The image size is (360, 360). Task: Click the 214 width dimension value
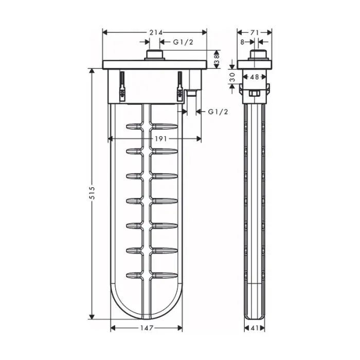pyautogui.click(x=156, y=32)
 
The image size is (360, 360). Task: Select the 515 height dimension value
pyautogui.click(x=92, y=193)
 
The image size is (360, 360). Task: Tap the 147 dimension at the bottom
pyautogui.click(x=147, y=328)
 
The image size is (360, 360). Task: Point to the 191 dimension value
pyautogui.click(x=160, y=139)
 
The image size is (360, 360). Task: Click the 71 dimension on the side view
pyautogui.click(x=255, y=32)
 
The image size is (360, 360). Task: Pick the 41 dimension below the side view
pyautogui.click(x=255, y=328)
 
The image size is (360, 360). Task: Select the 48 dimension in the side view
pyautogui.click(x=255, y=77)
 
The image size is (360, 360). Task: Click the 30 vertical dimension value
pyautogui.click(x=232, y=77)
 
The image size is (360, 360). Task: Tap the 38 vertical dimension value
pyautogui.click(x=217, y=59)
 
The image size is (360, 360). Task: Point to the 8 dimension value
pyautogui.click(x=242, y=42)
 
